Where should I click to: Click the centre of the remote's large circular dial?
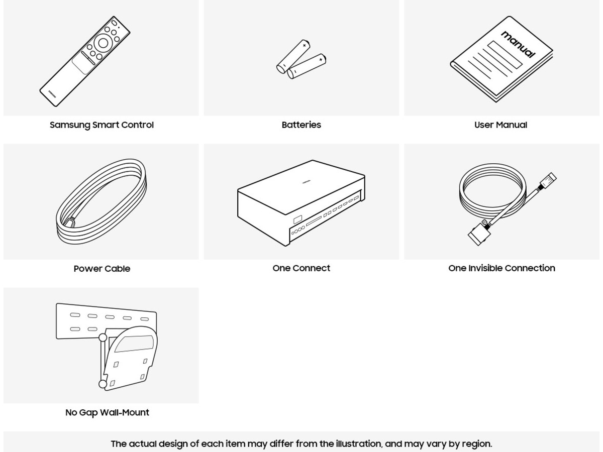(103, 43)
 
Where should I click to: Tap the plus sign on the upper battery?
(305, 45)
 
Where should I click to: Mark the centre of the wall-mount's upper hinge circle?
(103, 337)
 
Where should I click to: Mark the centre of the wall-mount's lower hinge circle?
(103, 384)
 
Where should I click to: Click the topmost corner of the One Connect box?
(313, 160)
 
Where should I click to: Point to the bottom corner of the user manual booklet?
(496, 101)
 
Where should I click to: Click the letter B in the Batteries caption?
(284, 125)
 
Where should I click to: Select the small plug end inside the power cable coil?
(70, 222)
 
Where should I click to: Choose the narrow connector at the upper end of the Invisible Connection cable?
(548, 181)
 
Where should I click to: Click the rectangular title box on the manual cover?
(505, 55)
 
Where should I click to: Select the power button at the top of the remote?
(114, 22)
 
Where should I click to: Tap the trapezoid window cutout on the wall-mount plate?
(134, 344)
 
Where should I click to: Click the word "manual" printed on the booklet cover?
(518, 45)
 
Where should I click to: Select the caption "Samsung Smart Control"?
(102, 125)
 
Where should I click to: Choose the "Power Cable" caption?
(102, 269)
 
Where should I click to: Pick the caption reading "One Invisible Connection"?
(501, 268)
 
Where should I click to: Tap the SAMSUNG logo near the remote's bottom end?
(52, 93)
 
